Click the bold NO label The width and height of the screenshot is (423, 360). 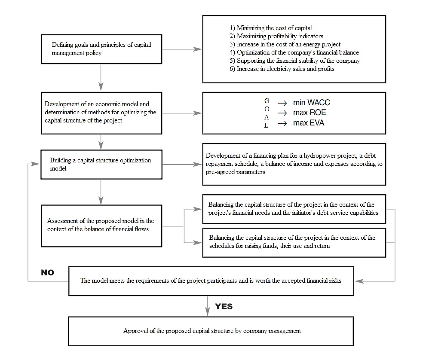tap(47, 272)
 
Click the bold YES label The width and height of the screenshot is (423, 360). tap(224, 306)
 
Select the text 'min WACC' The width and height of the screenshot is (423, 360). tap(311, 103)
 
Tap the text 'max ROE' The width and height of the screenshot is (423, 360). tap(310, 113)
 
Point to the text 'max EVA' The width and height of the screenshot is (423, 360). tap(309, 123)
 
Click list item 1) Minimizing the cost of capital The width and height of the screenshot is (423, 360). tap(274, 28)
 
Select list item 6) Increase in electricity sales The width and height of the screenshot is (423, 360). tap(285, 69)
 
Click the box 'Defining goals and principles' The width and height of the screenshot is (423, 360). tap(101, 49)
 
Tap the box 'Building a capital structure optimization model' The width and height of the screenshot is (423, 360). tap(101, 164)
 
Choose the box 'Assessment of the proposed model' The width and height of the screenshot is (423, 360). tap(101, 225)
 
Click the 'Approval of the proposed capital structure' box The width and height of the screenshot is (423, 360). tap(211, 331)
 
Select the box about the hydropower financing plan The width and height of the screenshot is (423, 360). tap(294, 164)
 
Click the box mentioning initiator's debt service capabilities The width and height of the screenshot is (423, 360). tap(294, 209)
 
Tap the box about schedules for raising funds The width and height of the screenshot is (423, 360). tap(294, 242)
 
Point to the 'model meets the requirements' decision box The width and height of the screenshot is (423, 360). tap(211, 281)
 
